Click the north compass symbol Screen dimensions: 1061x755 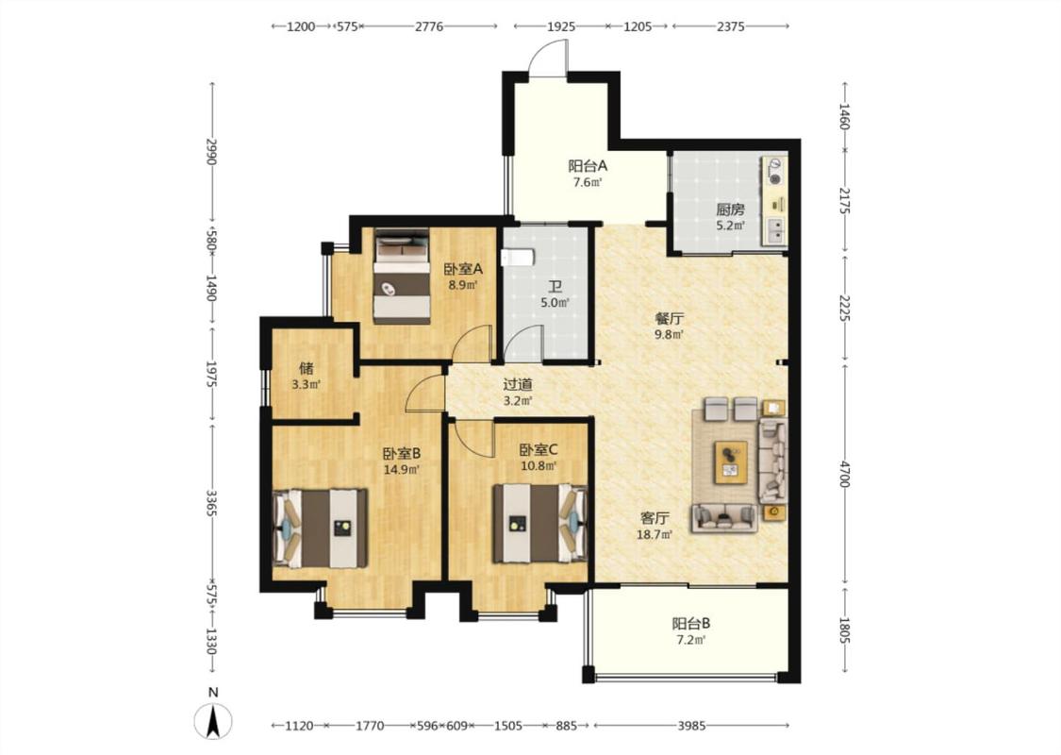click(x=213, y=720)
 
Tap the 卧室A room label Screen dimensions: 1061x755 click(x=463, y=269)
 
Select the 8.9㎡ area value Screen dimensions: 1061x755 click(x=463, y=285)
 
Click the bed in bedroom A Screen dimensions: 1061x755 click(x=402, y=277)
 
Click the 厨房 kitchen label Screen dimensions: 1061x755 click(x=731, y=210)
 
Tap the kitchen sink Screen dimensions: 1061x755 click(x=776, y=231)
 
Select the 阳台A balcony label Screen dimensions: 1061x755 click(x=588, y=166)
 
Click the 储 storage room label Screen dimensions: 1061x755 click(x=306, y=368)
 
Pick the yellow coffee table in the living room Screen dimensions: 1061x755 click(x=732, y=462)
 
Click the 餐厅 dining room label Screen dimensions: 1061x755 click(x=669, y=318)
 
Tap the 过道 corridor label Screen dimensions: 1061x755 click(x=518, y=385)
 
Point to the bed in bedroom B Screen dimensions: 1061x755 click(x=320, y=528)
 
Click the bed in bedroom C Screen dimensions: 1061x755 click(x=540, y=523)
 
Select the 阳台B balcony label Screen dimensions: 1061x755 click(x=691, y=623)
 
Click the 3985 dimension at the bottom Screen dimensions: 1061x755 click(x=691, y=725)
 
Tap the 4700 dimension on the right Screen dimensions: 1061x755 click(x=844, y=474)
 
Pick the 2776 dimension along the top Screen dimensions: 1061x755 click(x=429, y=26)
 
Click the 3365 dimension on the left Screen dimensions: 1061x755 click(x=212, y=503)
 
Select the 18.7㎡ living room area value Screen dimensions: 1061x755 click(x=655, y=535)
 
